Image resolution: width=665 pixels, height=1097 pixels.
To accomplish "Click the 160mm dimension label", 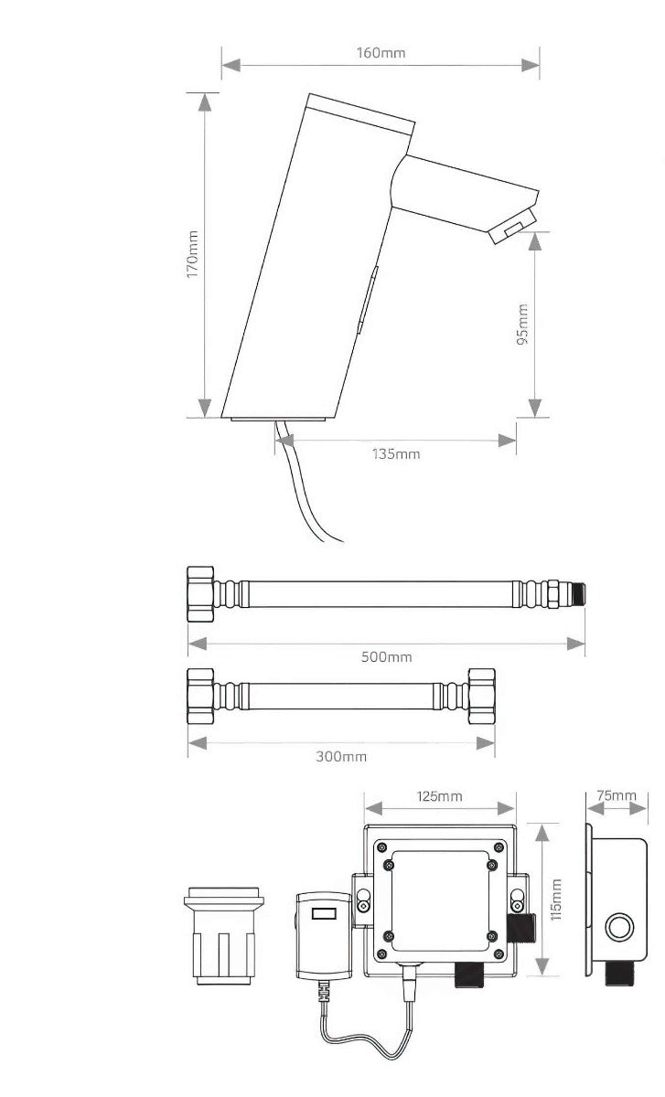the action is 381,52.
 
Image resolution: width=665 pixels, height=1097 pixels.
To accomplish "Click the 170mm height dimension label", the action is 193,254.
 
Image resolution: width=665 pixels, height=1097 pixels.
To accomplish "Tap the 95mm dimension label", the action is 522,325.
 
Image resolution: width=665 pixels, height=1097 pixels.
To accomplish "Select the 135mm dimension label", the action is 396,454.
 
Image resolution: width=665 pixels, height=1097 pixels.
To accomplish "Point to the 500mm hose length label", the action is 386,656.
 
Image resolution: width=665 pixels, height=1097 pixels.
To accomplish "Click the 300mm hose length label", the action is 341,757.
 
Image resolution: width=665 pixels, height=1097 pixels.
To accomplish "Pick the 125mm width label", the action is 440,796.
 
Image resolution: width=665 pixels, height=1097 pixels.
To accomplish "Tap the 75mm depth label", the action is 617,795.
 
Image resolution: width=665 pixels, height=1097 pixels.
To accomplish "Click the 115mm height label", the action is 556,900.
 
